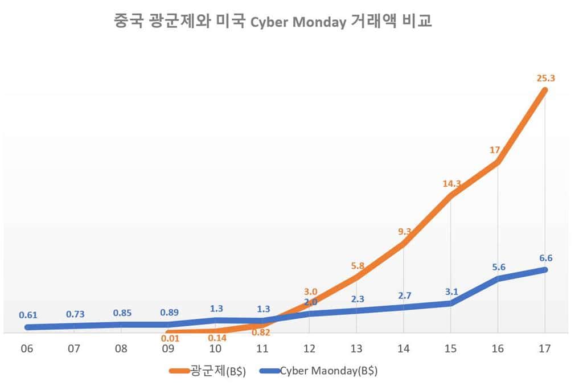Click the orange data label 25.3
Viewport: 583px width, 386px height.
[545, 78]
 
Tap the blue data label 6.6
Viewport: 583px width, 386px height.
[545, 258]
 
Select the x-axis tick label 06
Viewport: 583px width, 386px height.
[26, 348]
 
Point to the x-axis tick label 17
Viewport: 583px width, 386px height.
[545, 348]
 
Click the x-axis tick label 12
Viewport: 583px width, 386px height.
[309, 348]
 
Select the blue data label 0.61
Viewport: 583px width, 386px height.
[28, 315]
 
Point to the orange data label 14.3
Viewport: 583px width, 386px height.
[450, 184]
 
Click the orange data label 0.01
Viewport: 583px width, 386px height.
[169, 340]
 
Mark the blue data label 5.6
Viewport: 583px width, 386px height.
[498, 266]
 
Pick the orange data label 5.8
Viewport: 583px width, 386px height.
[358, 265]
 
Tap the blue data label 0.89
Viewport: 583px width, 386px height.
[169, 313]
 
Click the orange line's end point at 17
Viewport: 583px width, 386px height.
[545, 91]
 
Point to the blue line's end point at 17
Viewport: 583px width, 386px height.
[545, 269]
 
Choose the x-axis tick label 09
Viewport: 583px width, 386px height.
[168, 348]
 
